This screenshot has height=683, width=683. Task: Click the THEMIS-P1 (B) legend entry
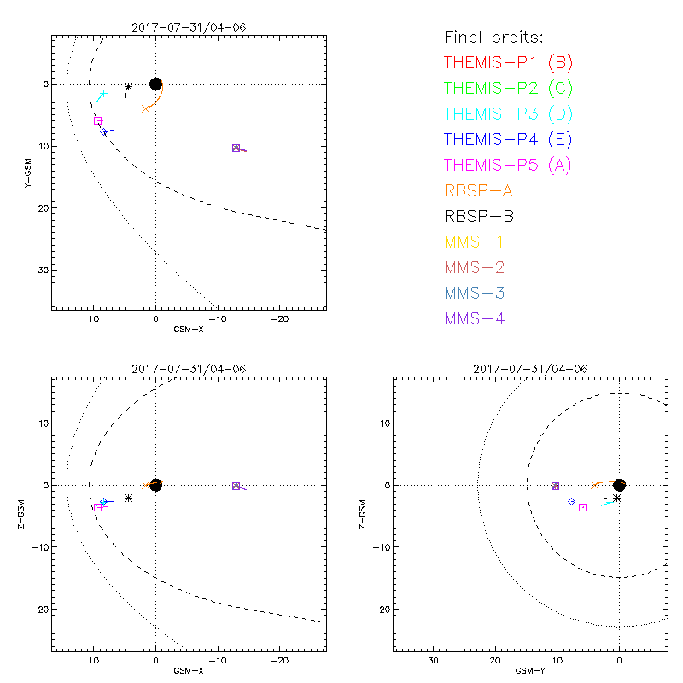509,62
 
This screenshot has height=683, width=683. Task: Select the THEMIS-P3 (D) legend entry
509,114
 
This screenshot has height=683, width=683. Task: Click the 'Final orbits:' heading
493,37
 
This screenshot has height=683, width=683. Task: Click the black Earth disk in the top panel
155,84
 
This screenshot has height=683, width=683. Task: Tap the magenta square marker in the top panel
98,121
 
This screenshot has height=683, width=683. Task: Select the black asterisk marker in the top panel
128,86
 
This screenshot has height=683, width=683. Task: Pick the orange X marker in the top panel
146,108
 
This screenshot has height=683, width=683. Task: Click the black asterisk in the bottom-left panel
128,498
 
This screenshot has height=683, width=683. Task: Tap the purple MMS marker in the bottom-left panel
236,486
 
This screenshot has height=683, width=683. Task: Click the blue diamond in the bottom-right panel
571,502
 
